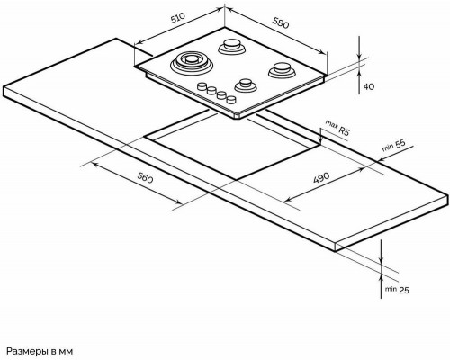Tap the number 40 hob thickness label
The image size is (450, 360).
pos(369,85)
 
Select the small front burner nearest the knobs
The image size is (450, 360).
pos(245,85)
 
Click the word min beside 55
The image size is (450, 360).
pos(388,148)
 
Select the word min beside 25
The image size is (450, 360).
pos(391,290)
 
